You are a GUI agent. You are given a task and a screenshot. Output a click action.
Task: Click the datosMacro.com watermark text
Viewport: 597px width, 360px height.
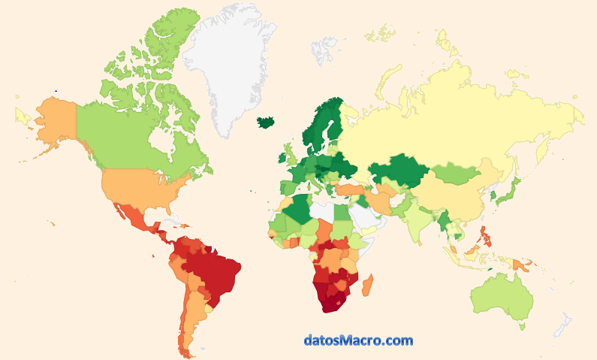pos(358,340)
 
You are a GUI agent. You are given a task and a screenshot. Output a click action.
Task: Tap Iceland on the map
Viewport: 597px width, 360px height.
pos(265,122)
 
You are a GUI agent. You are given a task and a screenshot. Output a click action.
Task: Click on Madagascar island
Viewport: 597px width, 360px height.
pos(367,285)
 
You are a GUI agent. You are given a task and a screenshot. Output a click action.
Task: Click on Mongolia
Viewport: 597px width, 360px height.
pos(455,174)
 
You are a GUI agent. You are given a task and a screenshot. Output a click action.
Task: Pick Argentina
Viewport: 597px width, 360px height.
pos(193,316)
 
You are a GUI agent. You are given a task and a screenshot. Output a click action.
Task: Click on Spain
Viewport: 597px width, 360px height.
pos(288,186)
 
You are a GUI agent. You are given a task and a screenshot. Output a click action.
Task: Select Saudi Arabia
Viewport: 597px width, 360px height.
pos(367,219)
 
